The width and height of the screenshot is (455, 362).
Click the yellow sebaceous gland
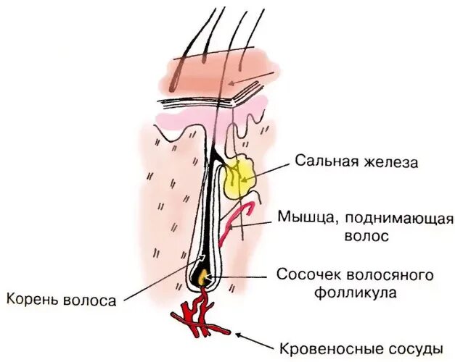[x=239, y=178]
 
